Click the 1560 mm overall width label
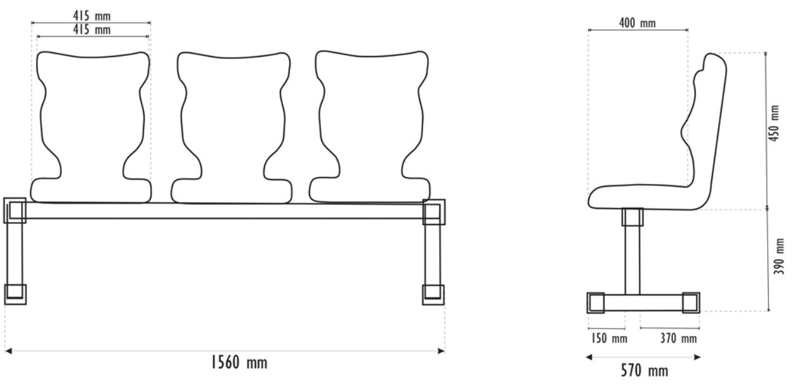pos(239,362)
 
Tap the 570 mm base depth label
pos(645,370)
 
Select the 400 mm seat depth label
pos(637,23)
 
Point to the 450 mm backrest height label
pos(775,123)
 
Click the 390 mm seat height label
pos(779,256)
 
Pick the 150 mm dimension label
pos(609,339)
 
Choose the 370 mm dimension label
pos(678,339)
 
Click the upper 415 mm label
pos(92,16)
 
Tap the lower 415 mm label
pos(92,29)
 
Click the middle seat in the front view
pos(232,127)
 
